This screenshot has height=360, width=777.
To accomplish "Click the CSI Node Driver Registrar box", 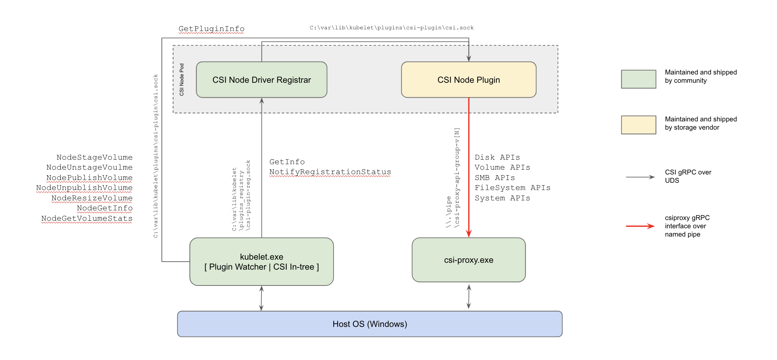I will [262, 80].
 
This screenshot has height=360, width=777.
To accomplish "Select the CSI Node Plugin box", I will [469, 80].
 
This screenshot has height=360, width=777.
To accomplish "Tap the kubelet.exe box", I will [262, 262].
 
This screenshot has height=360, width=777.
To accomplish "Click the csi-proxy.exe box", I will [469, 260].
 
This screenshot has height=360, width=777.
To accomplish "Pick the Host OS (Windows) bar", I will [370, 324].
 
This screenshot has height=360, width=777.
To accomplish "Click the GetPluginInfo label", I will [212, 29].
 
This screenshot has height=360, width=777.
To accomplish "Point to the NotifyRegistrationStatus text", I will [330, 172].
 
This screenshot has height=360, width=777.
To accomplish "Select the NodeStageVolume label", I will [95, 158].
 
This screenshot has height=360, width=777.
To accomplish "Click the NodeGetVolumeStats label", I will [87, 219].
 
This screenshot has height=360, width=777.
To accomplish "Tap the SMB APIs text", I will [495, 178].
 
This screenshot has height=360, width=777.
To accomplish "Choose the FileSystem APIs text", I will [512, 188].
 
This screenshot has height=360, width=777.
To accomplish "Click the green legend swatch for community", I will [638, 79].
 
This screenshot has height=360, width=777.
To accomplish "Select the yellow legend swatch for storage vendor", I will [638, 125].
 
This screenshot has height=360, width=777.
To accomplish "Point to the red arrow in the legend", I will [640, 226].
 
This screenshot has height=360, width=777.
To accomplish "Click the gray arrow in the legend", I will [640, 177].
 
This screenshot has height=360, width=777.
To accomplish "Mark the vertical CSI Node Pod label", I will [182, 80].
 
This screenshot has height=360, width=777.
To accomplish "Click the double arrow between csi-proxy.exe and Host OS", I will [469, 297].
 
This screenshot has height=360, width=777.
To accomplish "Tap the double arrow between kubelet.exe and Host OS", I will [262, 298].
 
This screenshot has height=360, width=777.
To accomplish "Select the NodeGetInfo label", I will [105, 208].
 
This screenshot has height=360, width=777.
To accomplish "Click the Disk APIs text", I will [497, 158].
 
